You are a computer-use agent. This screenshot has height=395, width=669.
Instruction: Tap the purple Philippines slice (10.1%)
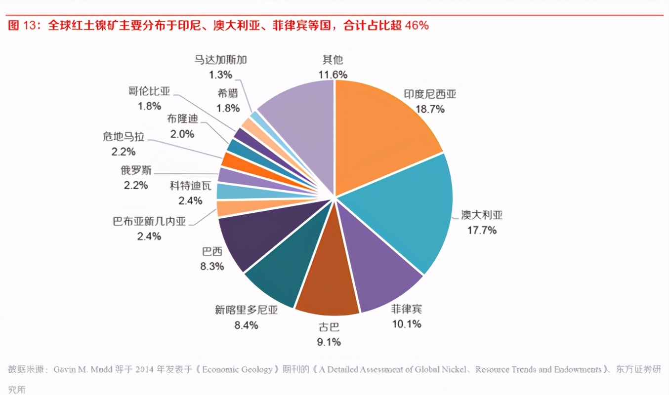[380, 267]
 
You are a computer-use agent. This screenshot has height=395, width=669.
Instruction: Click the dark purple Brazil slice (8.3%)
[257, 237]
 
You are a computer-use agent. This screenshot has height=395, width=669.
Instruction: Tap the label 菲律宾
[407, 310]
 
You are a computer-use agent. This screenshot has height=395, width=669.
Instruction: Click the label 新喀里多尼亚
[246, 310]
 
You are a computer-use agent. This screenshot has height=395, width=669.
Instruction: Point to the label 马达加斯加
[220, 60]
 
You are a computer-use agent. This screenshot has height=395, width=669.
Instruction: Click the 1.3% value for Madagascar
[220, 75]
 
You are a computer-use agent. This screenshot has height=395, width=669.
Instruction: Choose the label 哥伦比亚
[149, 91]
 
